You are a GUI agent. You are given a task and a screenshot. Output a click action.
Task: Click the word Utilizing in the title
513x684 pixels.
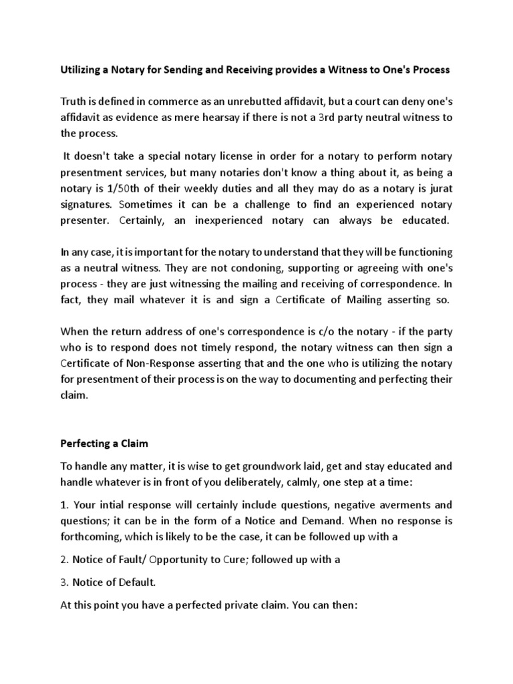(x=81, y=70)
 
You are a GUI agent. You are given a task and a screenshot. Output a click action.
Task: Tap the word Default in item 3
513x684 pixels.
(x=135, y=582)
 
